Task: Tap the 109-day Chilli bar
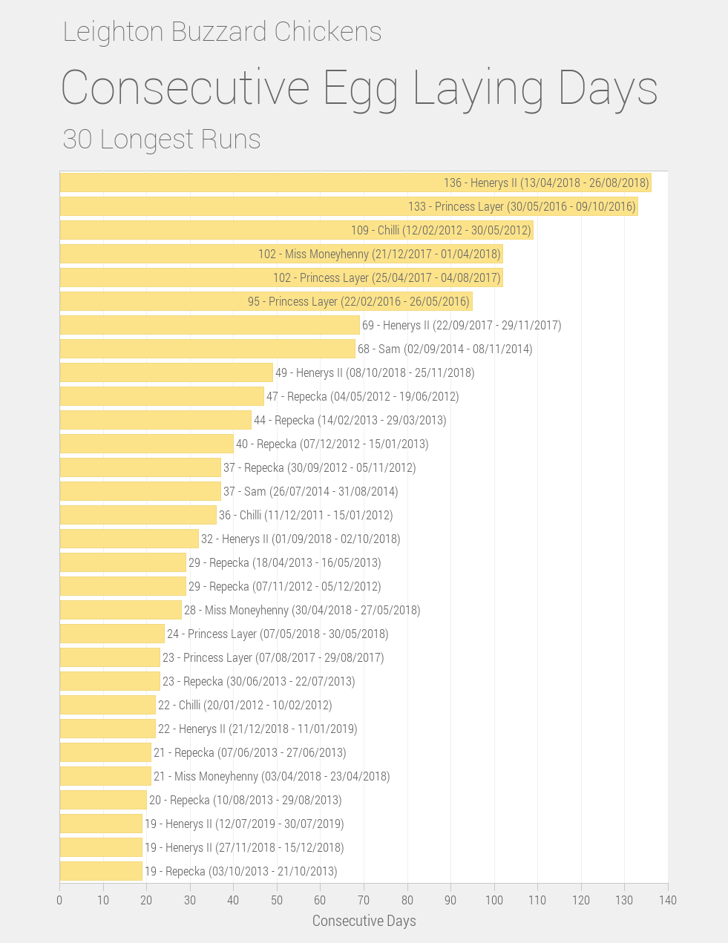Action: tap(200, 230)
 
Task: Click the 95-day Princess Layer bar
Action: tap(148, 301)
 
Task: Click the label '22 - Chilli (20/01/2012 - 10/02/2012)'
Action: tap(245, 705)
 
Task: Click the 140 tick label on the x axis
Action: tap(668, 900)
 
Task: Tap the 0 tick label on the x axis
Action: tap(59, 900)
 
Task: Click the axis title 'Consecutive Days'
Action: tap(364, 921)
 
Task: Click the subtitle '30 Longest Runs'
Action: tap(162, 139)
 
